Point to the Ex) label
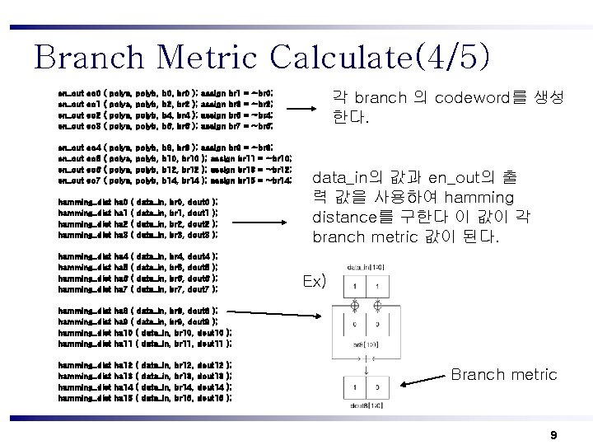[314, 282]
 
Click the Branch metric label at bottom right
[503, 375]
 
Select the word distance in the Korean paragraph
[346, 218]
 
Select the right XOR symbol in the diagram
[376, 305]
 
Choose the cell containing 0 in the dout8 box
[376, 387]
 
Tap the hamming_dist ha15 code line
[144, 398]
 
